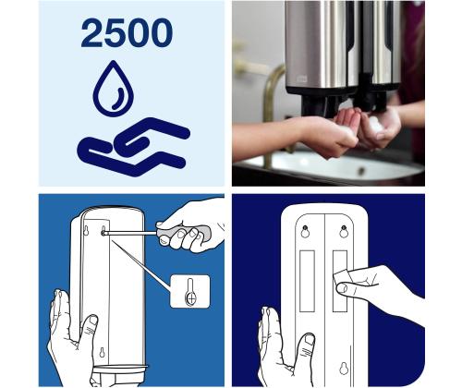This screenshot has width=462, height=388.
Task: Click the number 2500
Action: [126, 34]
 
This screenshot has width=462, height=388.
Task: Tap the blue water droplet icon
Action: [114, 90]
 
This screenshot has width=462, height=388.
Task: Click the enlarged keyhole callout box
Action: [190, 292]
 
